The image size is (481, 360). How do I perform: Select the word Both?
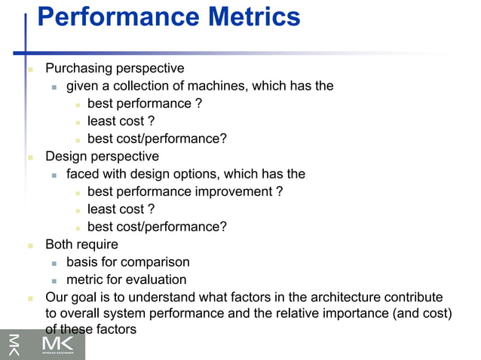pos(60,245)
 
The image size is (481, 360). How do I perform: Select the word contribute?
pos(415,297)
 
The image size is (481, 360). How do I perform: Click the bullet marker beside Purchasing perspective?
pos(30,69)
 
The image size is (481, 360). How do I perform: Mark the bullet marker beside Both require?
pos(30,246)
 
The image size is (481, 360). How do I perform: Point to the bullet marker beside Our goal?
pos(30,298)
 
